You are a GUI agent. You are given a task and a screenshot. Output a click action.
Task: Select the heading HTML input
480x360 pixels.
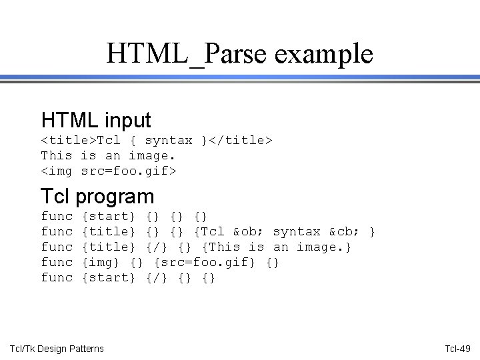pos(96,120)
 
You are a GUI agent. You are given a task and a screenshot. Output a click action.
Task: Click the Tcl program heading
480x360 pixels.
pos(97,196)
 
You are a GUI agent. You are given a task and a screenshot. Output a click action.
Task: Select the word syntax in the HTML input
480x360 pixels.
pos(169,141)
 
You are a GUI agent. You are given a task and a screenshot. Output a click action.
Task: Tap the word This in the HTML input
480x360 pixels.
pos(57,156)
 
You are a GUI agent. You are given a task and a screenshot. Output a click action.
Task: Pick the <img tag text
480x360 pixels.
pos(57,171)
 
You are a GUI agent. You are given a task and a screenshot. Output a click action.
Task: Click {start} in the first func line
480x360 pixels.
pos(108,217)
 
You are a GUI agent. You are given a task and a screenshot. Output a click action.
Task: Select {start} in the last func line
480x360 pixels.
pos(108,278)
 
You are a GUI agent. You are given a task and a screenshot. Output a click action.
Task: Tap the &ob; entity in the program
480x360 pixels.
pos(249,232)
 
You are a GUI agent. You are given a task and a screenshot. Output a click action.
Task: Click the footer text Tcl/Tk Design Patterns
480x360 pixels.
pos(57,349)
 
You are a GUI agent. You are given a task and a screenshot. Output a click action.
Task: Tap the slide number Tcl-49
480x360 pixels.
pos(458,349)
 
